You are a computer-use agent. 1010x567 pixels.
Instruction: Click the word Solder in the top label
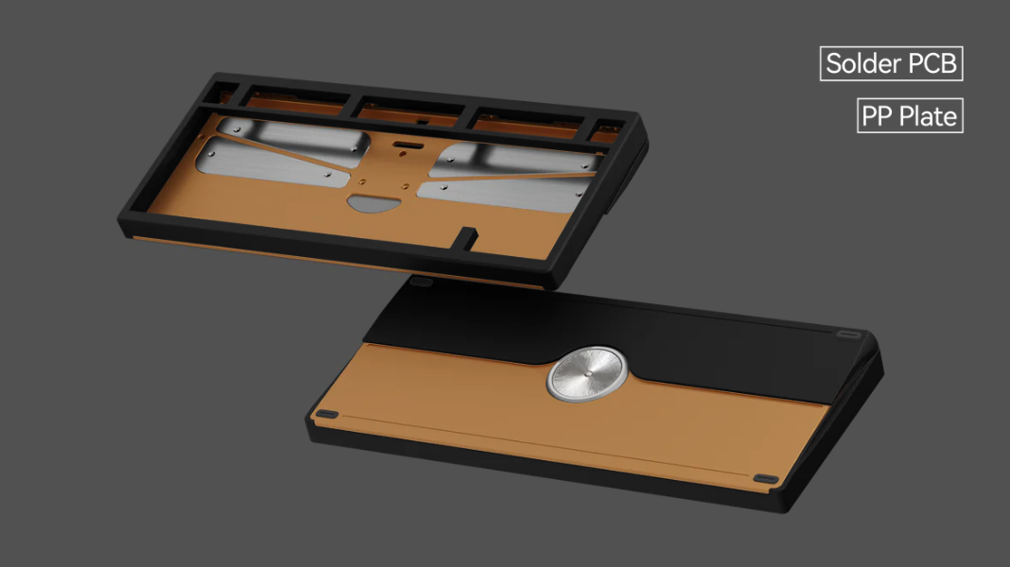coord(860,64)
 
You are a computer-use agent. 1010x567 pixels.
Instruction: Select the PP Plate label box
coord(910,116)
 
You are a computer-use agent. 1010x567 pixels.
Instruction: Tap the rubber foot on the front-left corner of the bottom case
coord(326,415)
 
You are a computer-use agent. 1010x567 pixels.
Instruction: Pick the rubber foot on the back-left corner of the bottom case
coord(422,282)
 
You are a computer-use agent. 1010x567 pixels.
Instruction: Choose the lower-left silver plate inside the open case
coord(274,163)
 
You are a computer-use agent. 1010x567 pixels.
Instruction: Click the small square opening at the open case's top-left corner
coord(219,93)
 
